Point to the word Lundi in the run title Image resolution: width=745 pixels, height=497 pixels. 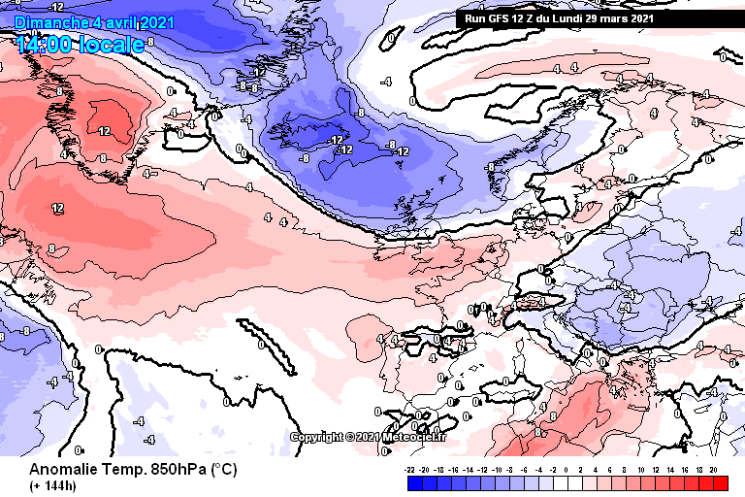pyautogui.click(x=579, y=17)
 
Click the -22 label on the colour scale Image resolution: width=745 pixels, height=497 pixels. pyautogui.click(x=412, y=468)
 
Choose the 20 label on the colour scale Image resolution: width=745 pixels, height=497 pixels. pyautogui.click(x=713, y=468)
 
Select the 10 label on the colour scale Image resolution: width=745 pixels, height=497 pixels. pyautogui.click(x=641, y=468)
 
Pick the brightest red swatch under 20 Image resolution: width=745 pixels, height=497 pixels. pyautogui.click(x=719, y=482)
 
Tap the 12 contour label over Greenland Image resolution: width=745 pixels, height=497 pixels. pyautogui.click(x=104, y=130)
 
